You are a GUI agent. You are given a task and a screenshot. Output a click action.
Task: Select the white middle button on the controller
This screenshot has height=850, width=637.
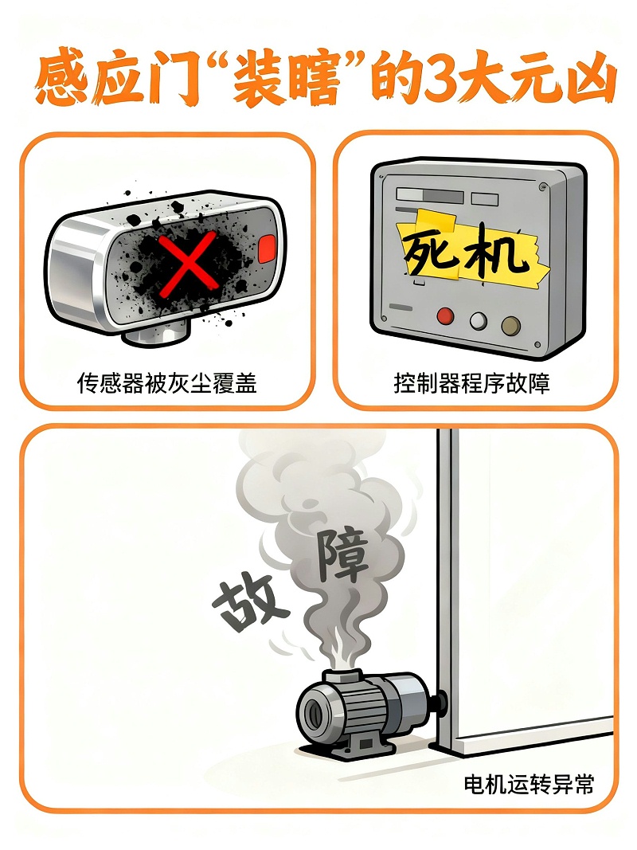click(x=478, y=319)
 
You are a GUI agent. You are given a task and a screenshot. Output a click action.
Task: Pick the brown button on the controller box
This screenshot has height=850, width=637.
click(x=510, y=323)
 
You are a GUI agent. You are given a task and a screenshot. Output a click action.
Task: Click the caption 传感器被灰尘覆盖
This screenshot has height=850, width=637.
click(x=166, y=383)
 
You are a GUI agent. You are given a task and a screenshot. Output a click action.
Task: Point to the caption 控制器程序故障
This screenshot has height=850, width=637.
click(x=471, y=383)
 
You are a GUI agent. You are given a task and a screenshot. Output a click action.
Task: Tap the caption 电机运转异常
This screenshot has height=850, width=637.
click(x=529, y=784)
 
